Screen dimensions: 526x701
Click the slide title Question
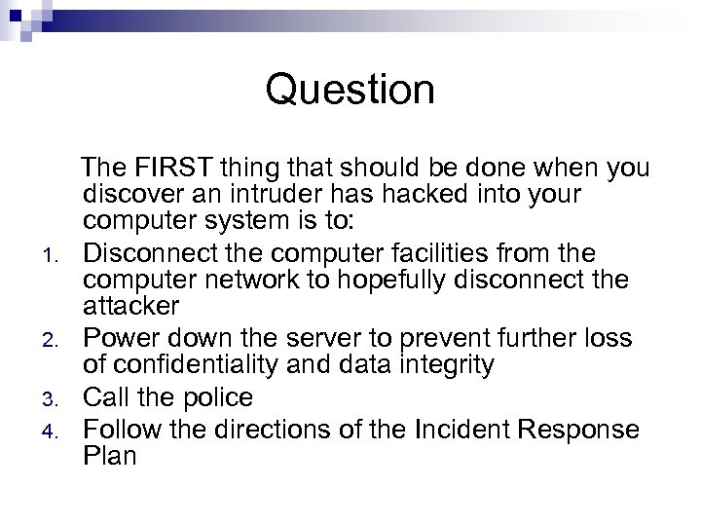pyautogui.click(x=350, y=91)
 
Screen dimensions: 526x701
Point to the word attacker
pyautogui.click(x=131, y=307)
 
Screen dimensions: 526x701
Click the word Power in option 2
pyautogui.click(x=122, y=338)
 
